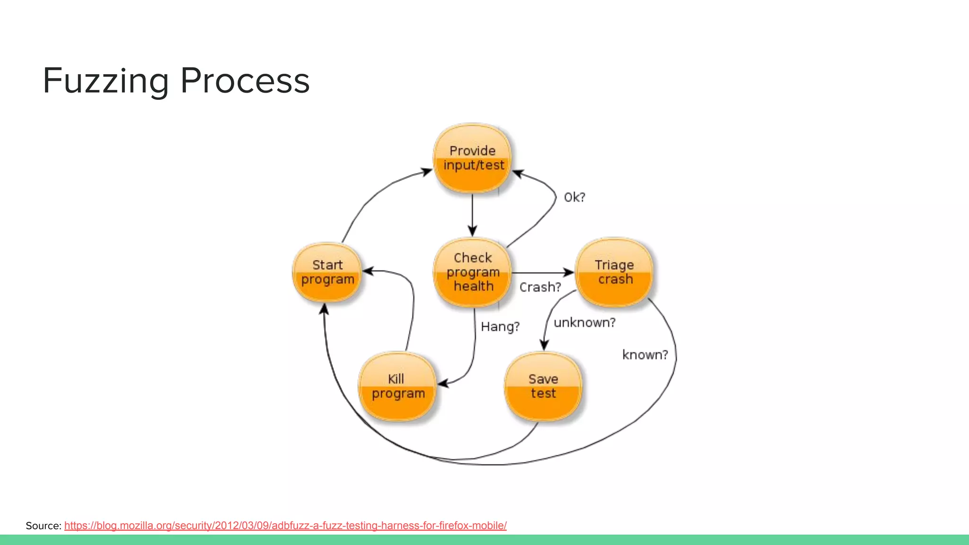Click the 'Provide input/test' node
(x=473, y=158)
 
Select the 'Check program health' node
(x=473, y=272)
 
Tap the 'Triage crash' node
(x=614, y=272)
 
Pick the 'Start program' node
(x=327, y=272)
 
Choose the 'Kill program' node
(x=397, y=387)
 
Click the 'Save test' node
(x=543, y=387)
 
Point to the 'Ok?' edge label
(x=574, y=197)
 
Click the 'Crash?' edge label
(x=540, y=287)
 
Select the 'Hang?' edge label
(x=500, y=327)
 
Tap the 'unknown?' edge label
(x=585, y=323)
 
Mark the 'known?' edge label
(x=645, y=355)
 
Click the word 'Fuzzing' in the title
(x=106, y=81)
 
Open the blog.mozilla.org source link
(x=285, y=526)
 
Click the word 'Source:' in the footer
(x=44, y=526)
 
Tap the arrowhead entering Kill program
(x=443, y=384)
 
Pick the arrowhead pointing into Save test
(x=544, y=345)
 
